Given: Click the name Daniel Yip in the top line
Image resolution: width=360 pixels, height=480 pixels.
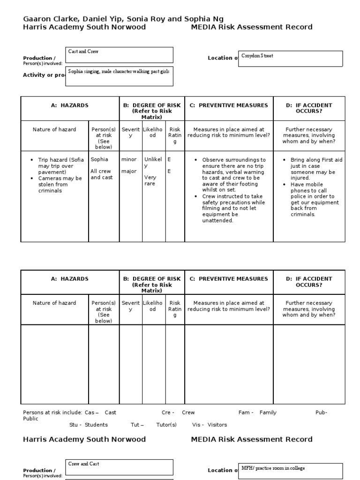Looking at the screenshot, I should point(99,19).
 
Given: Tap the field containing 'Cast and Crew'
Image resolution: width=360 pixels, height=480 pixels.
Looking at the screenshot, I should point(120,54).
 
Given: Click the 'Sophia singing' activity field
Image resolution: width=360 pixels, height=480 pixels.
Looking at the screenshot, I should point(120,76).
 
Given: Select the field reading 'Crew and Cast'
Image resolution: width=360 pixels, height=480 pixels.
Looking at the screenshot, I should point(120,467).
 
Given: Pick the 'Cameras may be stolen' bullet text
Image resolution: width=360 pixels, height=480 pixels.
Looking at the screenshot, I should point(60,185).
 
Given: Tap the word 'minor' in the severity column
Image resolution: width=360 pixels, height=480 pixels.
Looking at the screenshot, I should point(129,159).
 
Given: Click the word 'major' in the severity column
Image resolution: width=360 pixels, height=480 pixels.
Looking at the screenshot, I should point(129,171).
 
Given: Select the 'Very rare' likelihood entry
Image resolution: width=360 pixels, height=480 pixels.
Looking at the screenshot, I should point(150,180).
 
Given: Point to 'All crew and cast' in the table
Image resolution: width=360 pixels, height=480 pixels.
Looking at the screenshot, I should point(102,174).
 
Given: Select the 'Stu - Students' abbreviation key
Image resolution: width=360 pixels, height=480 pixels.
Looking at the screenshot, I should point(88,425).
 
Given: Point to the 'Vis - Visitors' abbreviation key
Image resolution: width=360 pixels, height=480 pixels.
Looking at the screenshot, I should point(209,425).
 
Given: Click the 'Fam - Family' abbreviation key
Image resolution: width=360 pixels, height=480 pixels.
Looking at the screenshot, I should point(257,412).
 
